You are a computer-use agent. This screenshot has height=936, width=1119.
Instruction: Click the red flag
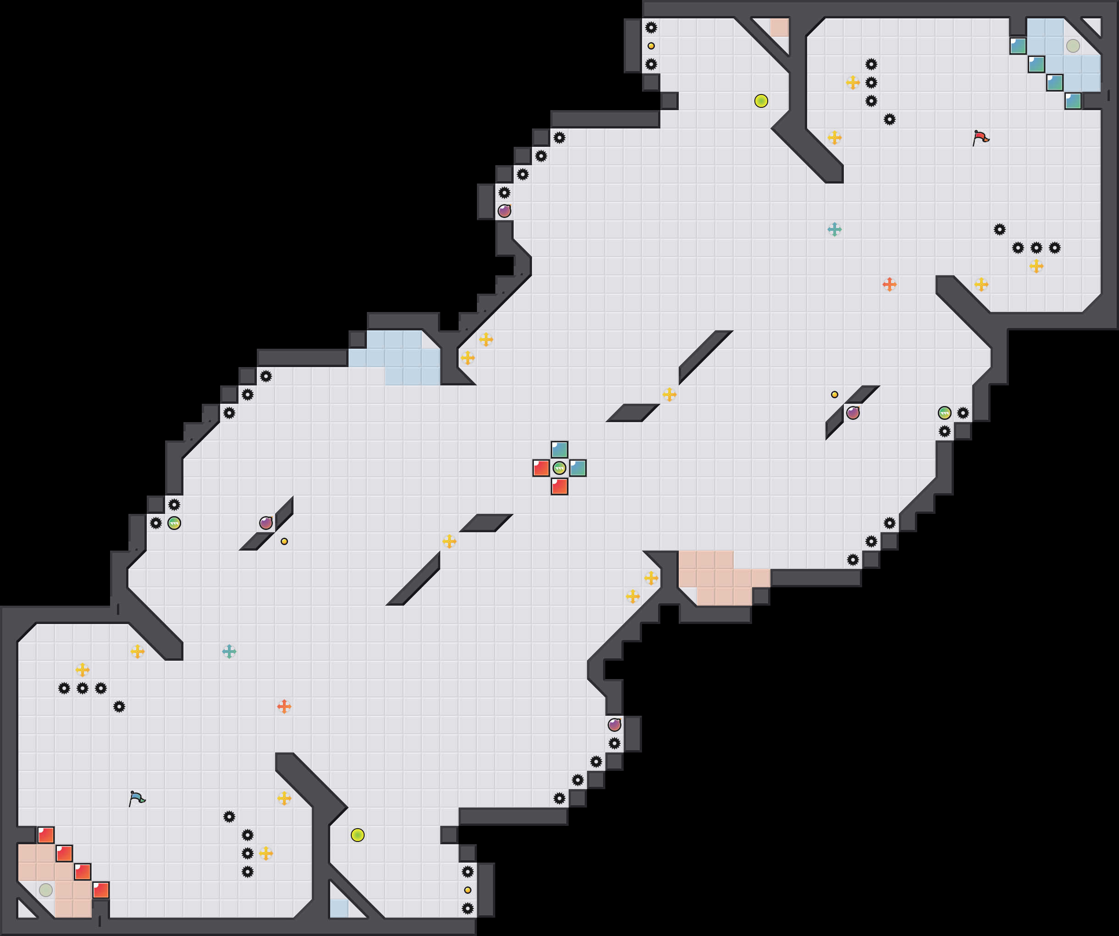tap(981, 138)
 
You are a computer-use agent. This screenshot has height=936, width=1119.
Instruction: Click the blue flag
tap(137, 798)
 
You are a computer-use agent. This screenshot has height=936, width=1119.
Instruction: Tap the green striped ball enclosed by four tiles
tap(559, 468)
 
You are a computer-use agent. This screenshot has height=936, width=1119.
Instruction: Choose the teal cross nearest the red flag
tap(835, 229)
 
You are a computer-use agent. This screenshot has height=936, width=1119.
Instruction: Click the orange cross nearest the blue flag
tap(284, 706)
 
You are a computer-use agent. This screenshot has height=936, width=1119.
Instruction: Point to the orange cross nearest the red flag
tap(889, 284)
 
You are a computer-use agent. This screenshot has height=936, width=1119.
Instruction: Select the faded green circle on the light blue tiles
tap(1073, 46)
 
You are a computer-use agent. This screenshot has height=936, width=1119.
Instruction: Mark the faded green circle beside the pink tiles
tap(46, 890)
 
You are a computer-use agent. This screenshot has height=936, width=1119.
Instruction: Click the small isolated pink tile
tap(779, 28)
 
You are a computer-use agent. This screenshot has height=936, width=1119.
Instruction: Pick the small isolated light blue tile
tap(339, 908)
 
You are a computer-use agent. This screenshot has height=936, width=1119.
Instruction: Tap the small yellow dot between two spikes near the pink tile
tap(651, 46)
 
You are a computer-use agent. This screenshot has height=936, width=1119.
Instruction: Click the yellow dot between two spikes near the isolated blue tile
tap(467, 890)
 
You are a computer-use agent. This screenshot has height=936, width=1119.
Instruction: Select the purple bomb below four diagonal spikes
tap(504, 211)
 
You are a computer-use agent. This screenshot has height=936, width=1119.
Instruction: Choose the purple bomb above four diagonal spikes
tap(615, 724)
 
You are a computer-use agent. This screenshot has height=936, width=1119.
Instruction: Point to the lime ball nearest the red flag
tap(761, 101)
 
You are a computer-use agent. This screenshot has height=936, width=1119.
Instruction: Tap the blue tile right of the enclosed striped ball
tap(578, 468)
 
